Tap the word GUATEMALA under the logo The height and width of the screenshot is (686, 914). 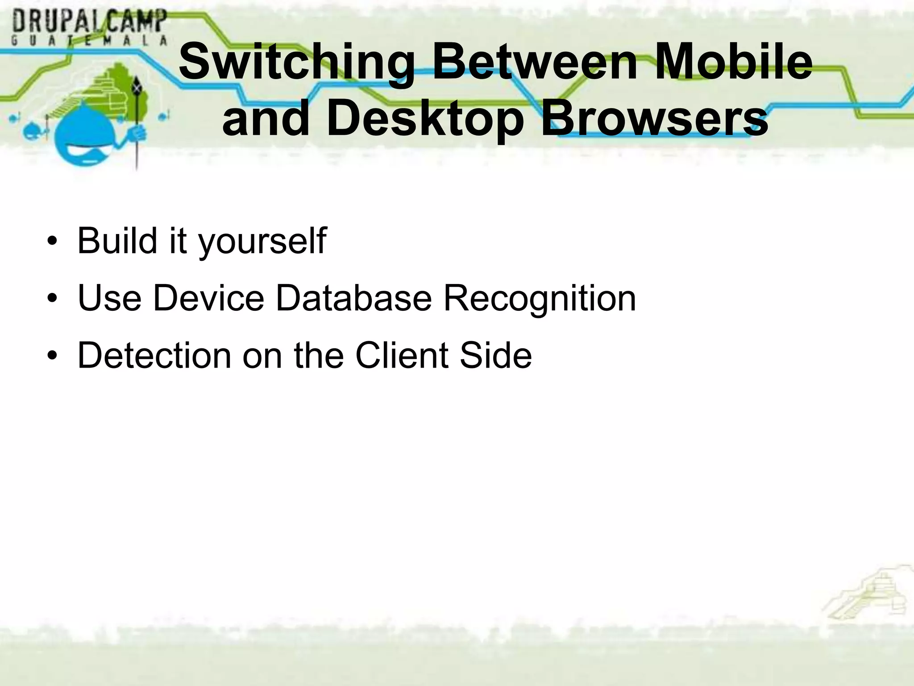[90, 41]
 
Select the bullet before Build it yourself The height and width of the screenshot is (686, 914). [53, 242]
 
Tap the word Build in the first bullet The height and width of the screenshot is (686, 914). [117, 241]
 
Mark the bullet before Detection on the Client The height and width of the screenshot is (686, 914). [53, 356]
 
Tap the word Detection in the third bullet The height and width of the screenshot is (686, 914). [154, 356]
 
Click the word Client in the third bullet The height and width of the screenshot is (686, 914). [402, 356]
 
